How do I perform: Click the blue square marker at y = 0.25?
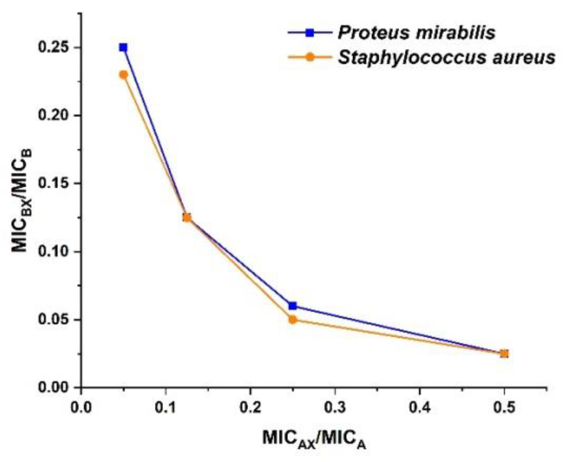pyautogui.click(x=123, y=47)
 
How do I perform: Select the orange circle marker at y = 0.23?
pyautogui.click(x=123, y=75)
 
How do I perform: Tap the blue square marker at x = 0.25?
pyautogui.click(x=293, y=306)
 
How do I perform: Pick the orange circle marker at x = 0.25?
pyautogui.click(x=293, y=320)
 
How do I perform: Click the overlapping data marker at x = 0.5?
pyautogui.click(x=504, y=353)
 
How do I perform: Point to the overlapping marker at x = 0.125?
pyautogui.click(x=187, y=218)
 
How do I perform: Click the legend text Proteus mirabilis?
pyautogui.click(x=416, y=33)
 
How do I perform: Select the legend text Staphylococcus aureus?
pyautogui.click(x=447, y=57)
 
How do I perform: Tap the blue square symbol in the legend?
pyautogui.click(x=310, y=33)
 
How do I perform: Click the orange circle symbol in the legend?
pyautogui.click(x=310, y=57)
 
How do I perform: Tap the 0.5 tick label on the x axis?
pyautogui.click(x=504, y=407)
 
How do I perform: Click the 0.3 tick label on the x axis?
pyautogui.click(x=335, y=407)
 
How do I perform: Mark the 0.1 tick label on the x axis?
pyautogui.click(x=165, y=407)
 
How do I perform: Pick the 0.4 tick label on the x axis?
pyautogui.click(x=419, y=407)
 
